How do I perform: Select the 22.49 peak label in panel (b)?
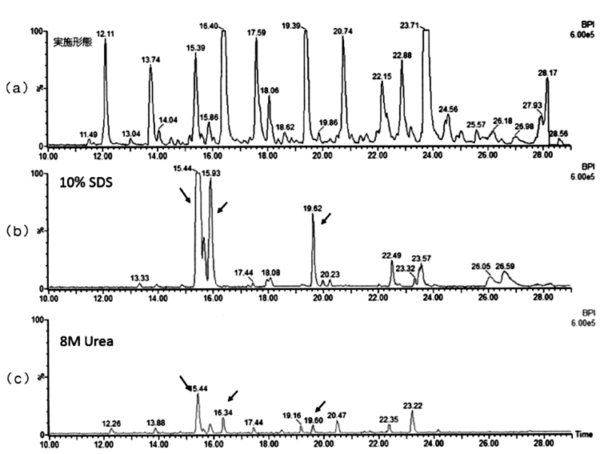391,255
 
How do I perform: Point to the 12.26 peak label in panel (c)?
111,423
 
